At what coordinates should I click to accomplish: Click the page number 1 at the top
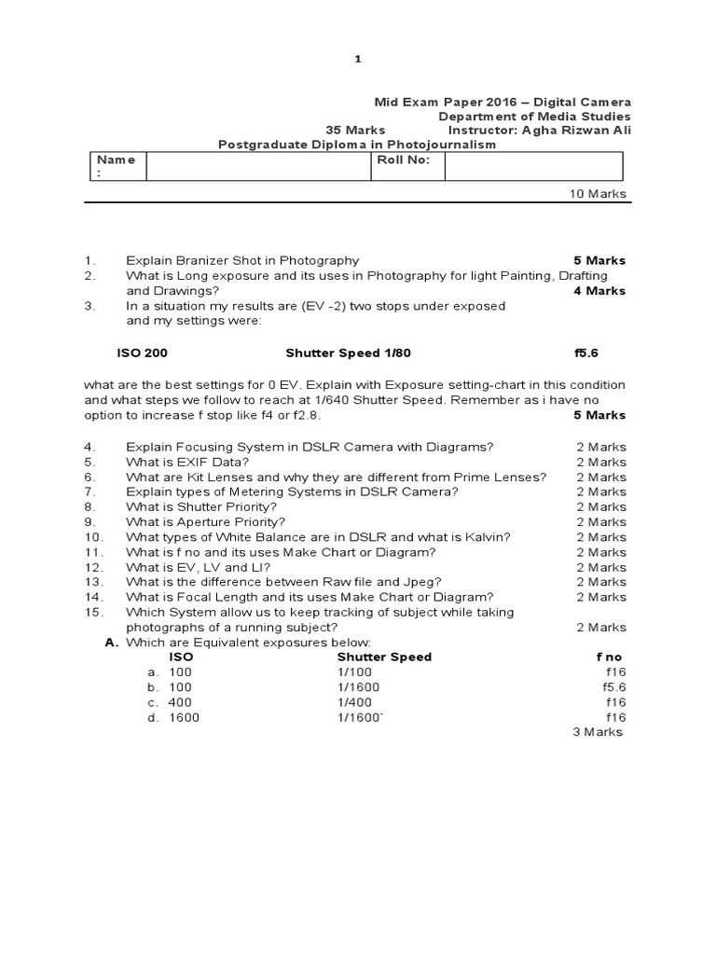coord(357,60)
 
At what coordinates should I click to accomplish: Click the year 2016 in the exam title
coord(498,101)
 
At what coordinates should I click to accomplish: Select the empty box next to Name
coord(257,166)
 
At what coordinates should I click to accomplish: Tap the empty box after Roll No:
coord(533,166)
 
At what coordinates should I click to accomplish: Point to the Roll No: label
coord(403,159)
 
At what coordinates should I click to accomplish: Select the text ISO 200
coord(142,354)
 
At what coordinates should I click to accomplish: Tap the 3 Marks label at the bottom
coord(597,732)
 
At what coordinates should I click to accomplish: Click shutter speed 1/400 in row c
coord(354,702)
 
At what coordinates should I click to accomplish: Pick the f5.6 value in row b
coord(614,687)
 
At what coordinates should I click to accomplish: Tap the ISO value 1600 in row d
coord(184,717)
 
